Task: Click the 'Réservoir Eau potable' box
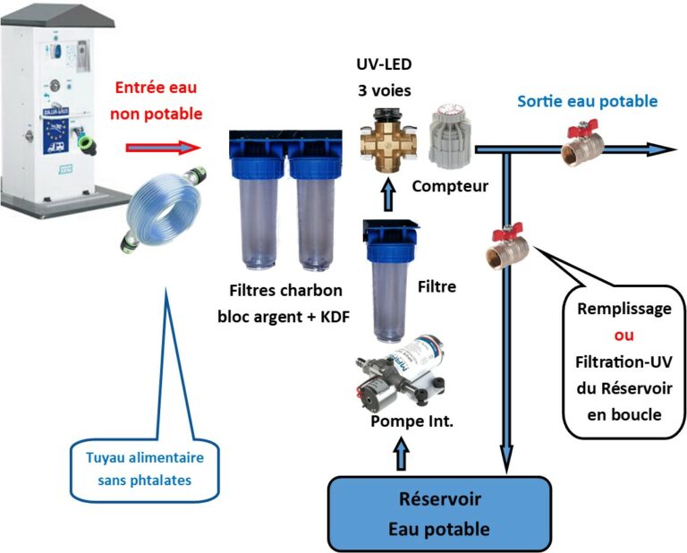[x=438, y=514]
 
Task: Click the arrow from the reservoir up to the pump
[x=399, y=453]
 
